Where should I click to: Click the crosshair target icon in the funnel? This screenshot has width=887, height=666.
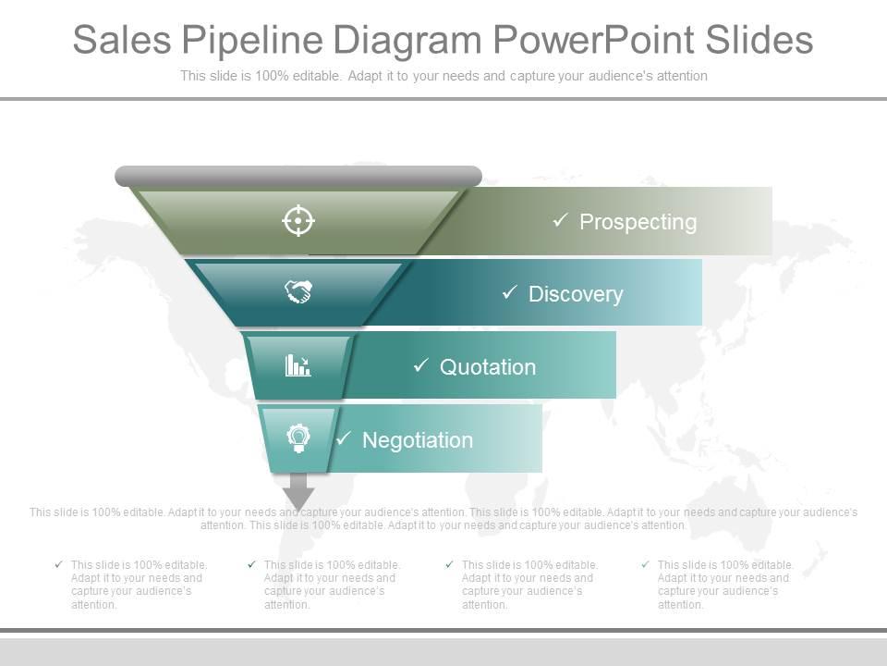298,221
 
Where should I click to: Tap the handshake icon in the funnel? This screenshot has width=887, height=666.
298,292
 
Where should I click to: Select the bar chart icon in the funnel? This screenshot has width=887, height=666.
298,365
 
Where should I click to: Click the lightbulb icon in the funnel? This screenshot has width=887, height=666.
298,438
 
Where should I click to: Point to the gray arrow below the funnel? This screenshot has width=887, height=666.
298,491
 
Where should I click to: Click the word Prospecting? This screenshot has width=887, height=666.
638,222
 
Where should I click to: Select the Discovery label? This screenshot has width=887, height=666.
576,294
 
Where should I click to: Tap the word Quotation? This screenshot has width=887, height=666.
488,367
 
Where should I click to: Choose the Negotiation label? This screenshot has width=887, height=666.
418,440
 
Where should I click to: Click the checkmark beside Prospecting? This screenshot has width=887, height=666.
560,221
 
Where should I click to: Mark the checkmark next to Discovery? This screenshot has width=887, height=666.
509,293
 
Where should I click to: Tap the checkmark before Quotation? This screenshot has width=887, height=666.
420,366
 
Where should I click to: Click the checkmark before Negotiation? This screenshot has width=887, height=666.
343,438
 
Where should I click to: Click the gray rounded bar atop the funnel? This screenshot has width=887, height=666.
298,176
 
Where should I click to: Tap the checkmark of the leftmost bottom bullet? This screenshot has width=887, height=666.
59,564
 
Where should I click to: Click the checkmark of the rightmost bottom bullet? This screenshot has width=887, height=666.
645,564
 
